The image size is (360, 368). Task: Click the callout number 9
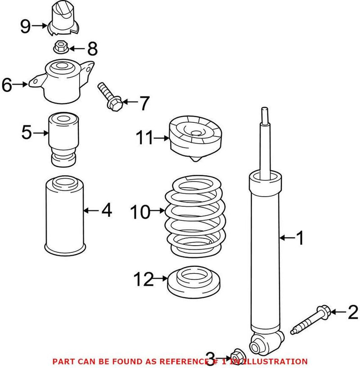coord(25,27)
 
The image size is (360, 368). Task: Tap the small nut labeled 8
coord(61,46)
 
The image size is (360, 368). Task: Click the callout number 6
coord(8,85)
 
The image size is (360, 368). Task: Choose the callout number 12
coord(143,280)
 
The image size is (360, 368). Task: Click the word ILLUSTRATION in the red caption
coord(278,361)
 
